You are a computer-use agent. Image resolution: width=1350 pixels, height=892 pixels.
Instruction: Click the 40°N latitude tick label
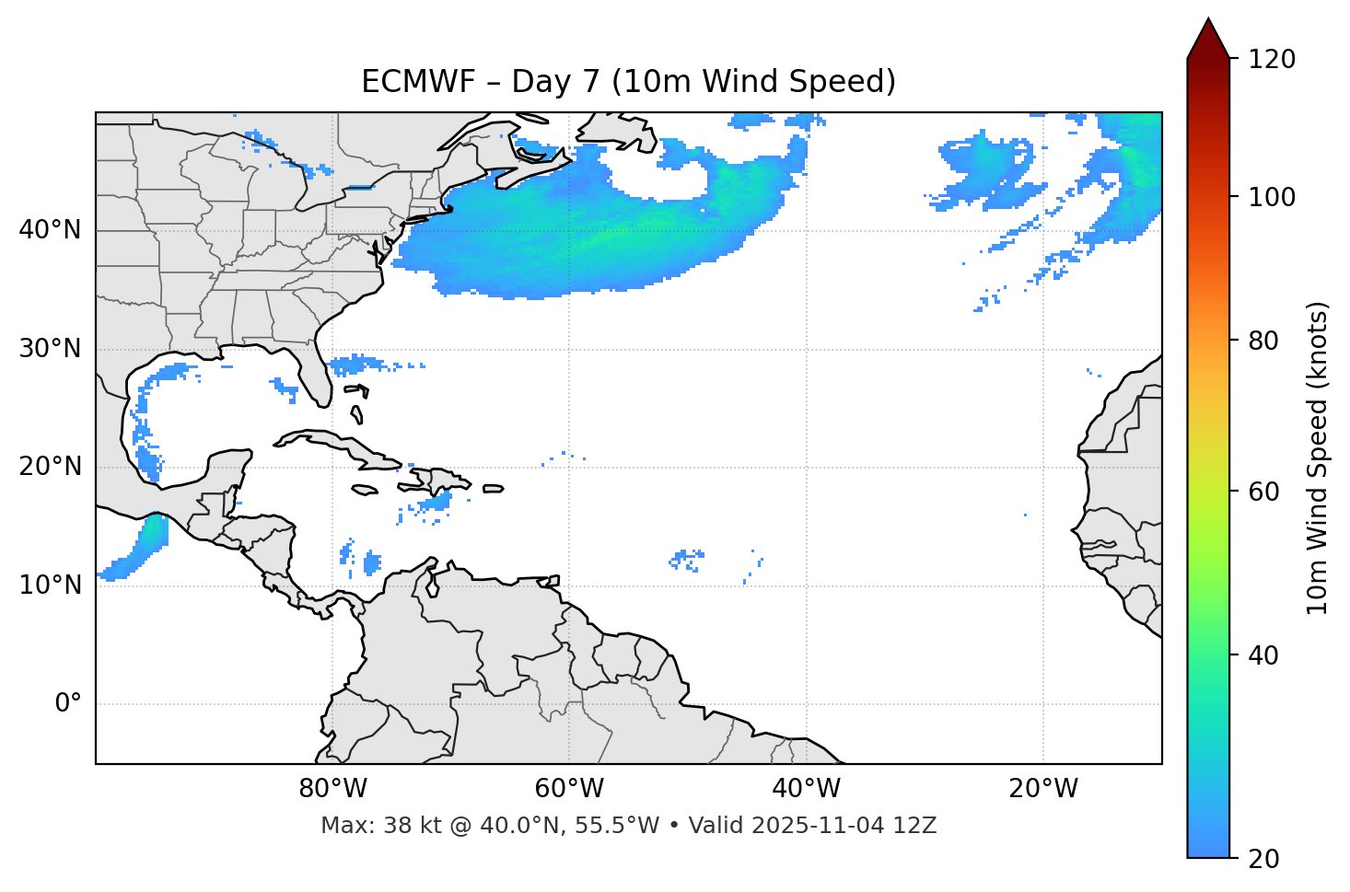(x=50, y=230)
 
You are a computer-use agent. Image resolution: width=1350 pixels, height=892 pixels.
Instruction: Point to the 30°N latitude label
(x=50, y=349)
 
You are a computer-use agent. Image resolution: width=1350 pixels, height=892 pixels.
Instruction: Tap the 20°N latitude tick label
(x=50, y=467)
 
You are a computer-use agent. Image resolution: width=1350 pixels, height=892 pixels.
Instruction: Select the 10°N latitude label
(x=50, y=585)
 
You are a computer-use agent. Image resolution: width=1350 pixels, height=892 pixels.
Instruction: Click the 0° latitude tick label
(x=68, y=704)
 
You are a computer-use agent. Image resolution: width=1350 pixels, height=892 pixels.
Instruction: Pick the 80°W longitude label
(x=332, y=789)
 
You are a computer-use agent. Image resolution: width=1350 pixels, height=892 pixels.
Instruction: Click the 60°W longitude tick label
(x=569, y=789)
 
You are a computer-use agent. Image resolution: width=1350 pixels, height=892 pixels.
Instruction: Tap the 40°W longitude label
(x=807, y=789)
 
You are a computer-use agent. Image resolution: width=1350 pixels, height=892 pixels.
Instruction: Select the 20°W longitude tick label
(x=1043, y=789)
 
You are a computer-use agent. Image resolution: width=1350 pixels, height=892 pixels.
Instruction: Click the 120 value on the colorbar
(x=1274, y=60)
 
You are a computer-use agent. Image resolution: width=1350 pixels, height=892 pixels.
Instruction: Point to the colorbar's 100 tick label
(x=1274, y=197)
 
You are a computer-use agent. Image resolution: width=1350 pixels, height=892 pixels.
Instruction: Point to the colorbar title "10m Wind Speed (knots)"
(x=1319, y=458)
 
